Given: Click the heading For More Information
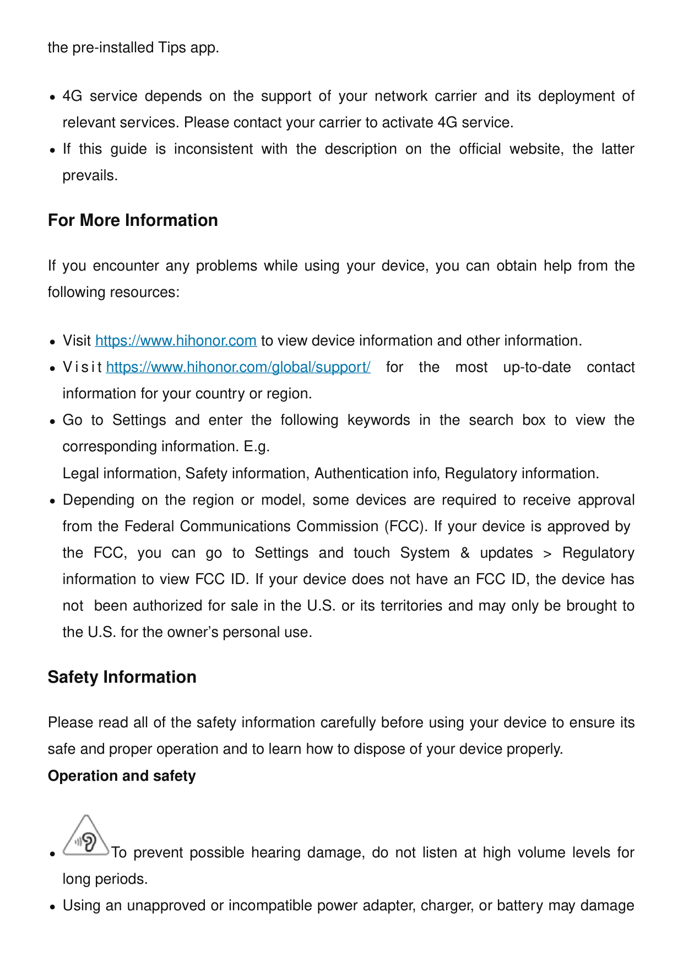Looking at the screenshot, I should (133, 220).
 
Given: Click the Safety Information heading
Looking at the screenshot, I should (122, 677).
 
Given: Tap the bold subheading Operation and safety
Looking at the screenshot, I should (122, 776).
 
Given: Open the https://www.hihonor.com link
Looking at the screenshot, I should (176, 341).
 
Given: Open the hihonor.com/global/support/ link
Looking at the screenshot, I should (238, 368).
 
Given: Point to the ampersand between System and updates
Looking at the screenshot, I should (465, 553).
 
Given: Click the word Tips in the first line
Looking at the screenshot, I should (172, 48).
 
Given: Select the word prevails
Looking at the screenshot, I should (90, 176).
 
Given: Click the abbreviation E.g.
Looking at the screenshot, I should (257, 446).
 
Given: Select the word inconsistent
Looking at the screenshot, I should (213, 149).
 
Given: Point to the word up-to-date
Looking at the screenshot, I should (536, 368).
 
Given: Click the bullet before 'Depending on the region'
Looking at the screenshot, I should (52, 501).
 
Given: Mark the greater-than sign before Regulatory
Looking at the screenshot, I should (547, 553).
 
